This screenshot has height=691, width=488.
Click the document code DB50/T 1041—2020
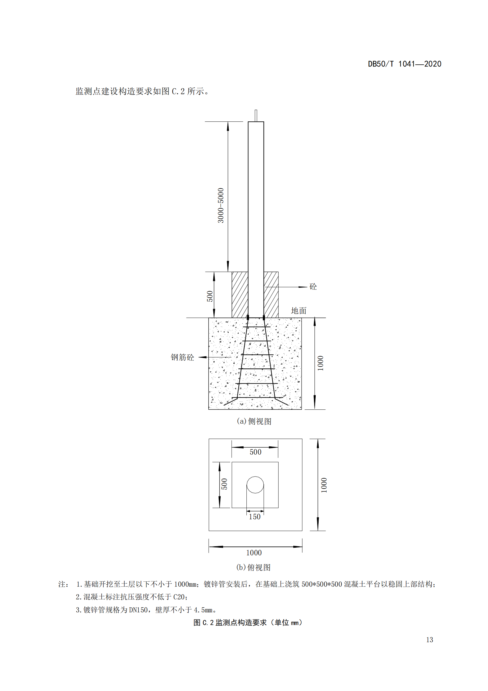(405, 64)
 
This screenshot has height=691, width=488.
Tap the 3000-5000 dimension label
(221, 206)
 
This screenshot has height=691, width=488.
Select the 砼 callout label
(313, 287)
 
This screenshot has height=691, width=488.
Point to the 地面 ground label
(299, 310)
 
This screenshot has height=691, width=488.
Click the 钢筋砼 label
(182, 357)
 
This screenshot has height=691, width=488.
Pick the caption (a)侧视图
(254, 421)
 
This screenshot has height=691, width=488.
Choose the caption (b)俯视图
(254, 567)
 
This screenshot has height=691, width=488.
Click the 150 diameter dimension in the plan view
(255, 517)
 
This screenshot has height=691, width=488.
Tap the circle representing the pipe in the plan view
(256, 485)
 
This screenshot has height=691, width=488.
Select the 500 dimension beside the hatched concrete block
(210, 296)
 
